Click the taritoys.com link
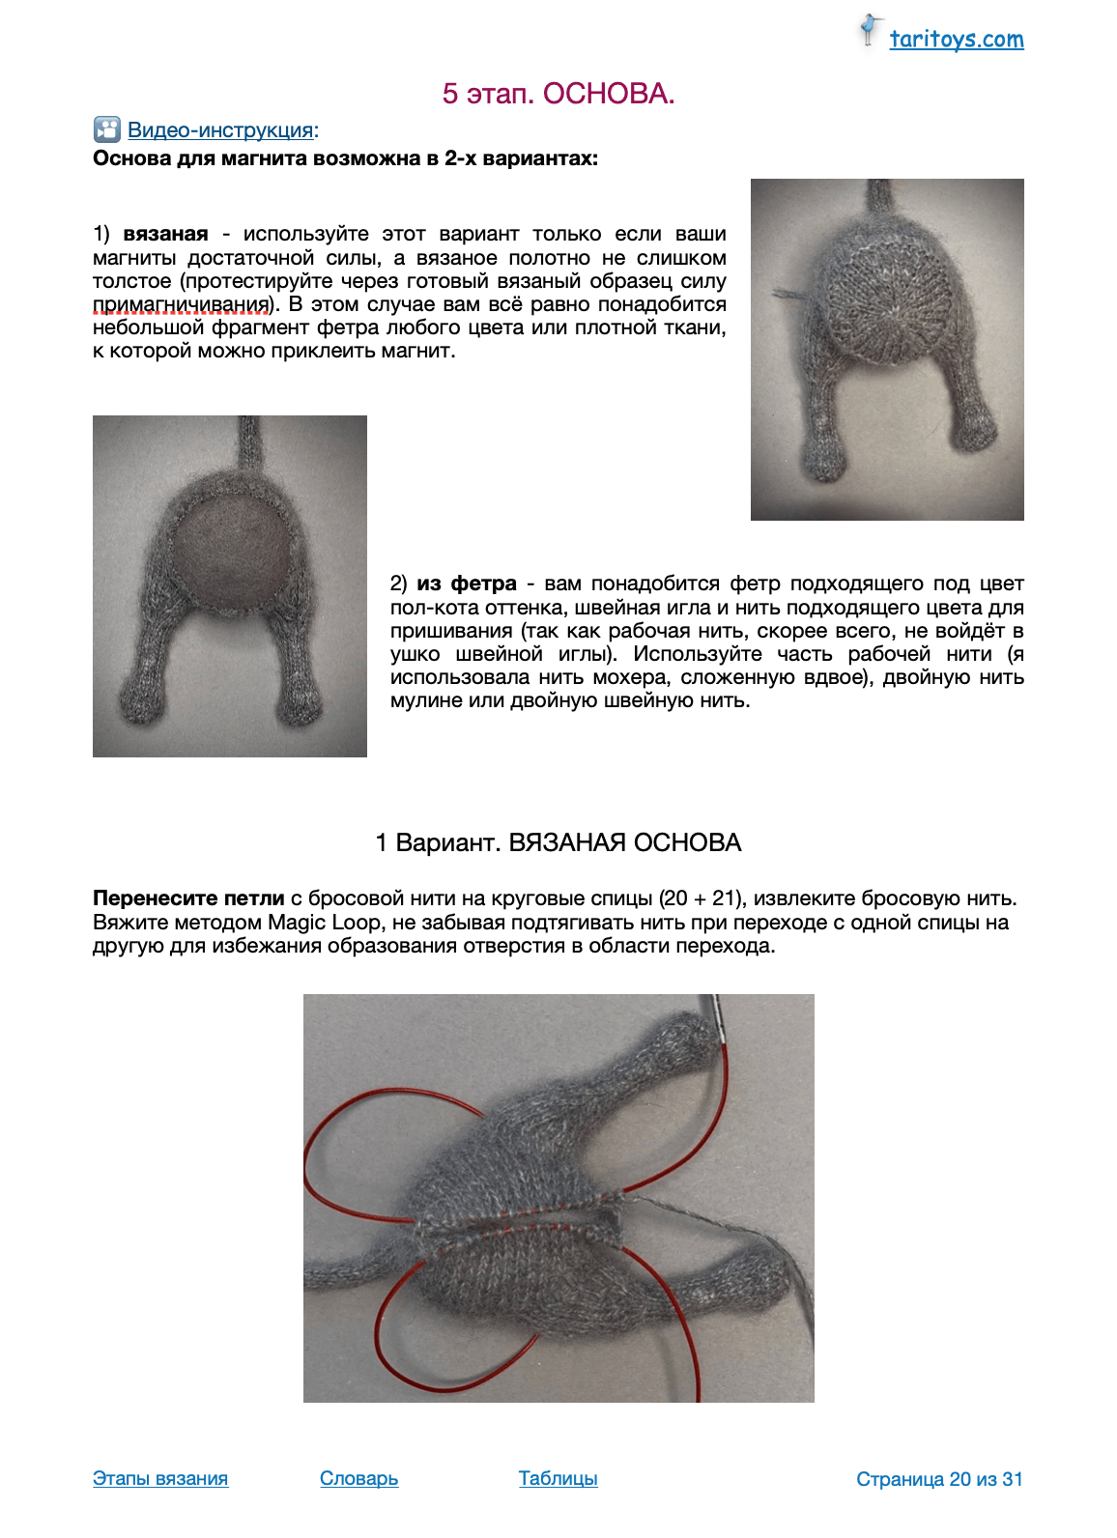(956, 40)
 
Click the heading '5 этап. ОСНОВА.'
(558, 94)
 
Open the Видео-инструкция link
(220, 130)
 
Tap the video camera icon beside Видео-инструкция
(106, 129)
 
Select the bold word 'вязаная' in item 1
(165, 234)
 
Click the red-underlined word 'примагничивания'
(180, 304)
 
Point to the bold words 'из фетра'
(467, 584)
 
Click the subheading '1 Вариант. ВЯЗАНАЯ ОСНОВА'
(558, 842)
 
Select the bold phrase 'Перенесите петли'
(188, 898)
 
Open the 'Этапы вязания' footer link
(160, 1478)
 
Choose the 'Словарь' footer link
(358, 1478)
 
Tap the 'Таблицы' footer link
(558, 1478)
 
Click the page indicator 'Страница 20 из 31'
(938, 1479)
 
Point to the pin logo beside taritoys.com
(870, 31)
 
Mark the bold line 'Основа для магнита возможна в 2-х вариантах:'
(345, 158)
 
